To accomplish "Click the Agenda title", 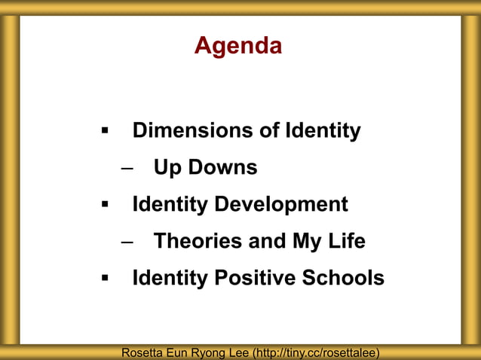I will tap(238, 46).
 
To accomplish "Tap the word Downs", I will tap(222, 168).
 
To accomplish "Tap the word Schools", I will tap(343, 279).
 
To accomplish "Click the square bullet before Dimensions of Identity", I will tap(106, 132).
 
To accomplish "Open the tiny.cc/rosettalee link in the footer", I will tap(316, 352).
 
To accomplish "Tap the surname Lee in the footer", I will tap(238, 352).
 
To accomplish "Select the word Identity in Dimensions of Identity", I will tap(323, 131).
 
